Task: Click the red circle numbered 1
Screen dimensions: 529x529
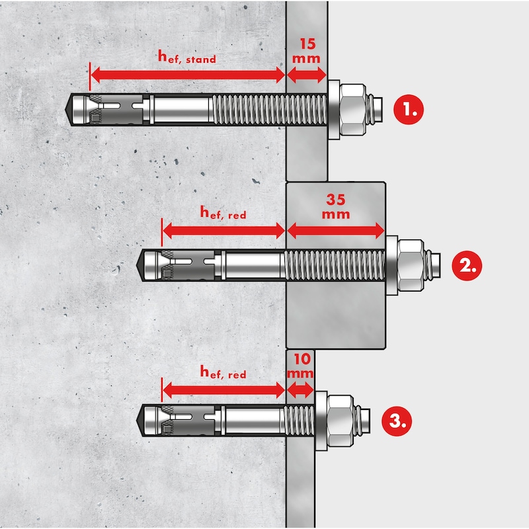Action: click(409, 110)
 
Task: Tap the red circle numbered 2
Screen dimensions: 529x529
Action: click(467, 266)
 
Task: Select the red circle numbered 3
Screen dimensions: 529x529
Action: click(397, 421)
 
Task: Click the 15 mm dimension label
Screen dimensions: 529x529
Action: click(306, 51)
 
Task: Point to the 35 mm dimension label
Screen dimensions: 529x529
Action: click(336, 206)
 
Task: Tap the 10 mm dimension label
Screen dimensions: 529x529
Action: click(300, 366)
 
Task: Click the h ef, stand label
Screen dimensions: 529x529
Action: click(187, 57)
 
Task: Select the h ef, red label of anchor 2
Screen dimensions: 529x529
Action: click(223, 212)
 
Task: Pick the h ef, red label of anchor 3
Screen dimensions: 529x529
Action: click(223, 372)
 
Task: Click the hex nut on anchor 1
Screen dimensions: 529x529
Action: click(353, 110)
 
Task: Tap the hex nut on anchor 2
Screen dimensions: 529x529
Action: click(411, 266)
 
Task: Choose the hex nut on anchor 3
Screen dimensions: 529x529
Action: click(341, 421)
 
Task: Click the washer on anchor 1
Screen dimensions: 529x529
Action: click(334, 110)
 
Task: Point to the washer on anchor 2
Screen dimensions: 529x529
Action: click(391, 266)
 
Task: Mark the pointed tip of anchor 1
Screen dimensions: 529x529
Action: click(65, 110)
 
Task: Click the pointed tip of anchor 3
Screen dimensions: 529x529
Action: click(137, 421)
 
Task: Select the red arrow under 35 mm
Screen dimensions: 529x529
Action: click(335, 231)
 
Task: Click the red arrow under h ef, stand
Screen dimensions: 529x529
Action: click(188, 75)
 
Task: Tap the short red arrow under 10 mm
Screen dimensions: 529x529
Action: click(300, 390)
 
